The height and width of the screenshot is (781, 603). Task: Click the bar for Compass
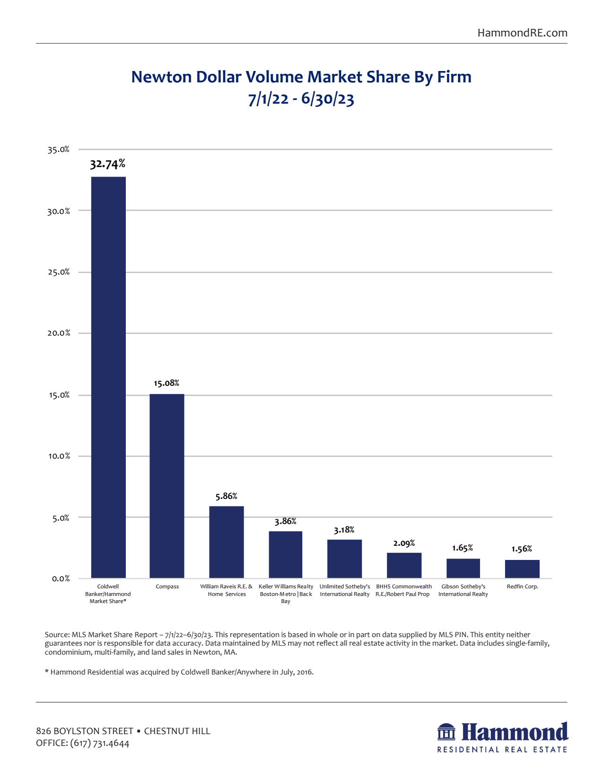point(167,486)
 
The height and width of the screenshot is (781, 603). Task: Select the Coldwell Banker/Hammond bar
point(108,377)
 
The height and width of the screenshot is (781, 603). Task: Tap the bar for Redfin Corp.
point(522,569)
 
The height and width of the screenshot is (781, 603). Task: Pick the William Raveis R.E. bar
point(227,542)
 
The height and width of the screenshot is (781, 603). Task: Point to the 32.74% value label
point(108,164)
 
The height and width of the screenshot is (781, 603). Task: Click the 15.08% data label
point(166,383)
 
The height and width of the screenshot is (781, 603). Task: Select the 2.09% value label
point(404,543)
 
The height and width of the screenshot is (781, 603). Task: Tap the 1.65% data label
point(463,548)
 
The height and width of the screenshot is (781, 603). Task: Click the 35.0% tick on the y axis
point(59,150)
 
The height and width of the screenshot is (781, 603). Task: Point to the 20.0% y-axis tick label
point(59,333)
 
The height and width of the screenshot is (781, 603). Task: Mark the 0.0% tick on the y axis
point(61,578)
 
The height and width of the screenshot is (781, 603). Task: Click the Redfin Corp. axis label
point(523,586)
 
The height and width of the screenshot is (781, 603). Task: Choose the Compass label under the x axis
point(167,586)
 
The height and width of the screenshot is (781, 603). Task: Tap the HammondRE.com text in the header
point(522,33)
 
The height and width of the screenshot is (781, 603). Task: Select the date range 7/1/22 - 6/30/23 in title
point(301,99)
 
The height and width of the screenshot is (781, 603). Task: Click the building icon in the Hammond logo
point(446,732)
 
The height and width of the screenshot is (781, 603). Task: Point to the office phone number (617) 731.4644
point(100,743)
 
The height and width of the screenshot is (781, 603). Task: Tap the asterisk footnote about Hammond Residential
point(179,672)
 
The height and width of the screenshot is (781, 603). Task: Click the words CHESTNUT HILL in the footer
point(177,731)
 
